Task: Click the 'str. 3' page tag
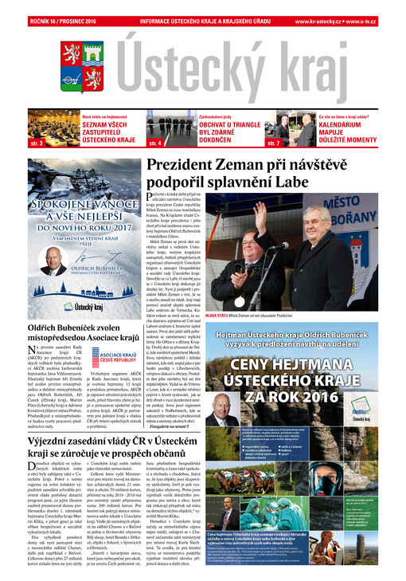click(36, 143)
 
